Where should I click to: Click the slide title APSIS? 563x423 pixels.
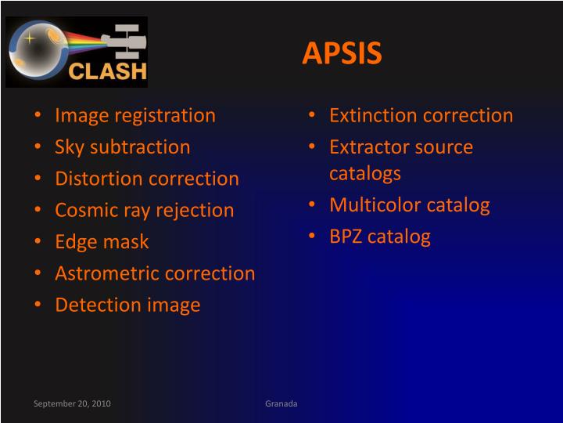coord(342,52)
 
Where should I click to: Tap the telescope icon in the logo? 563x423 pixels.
coord(125,38)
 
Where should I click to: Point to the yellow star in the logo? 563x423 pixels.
coord(28,37)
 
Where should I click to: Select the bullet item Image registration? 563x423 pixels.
coord(134,115)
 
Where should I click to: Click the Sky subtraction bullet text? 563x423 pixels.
coord(122,146)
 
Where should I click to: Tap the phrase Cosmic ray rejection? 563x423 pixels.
coord(144,210)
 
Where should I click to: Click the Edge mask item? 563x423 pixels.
coord(102,242)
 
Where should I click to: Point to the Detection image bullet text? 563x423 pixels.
coord(127,305)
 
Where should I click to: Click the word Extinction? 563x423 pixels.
coord(372,115)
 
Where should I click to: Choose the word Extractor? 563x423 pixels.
coord(370,146)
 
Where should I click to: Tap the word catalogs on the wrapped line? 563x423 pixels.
coord(364,172)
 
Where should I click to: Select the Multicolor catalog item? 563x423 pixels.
coord(409,205)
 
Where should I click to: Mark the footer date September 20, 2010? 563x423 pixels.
coord(72,403)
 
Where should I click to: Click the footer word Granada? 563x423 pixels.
coord(281,403)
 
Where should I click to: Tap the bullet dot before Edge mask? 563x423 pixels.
coord(39,242)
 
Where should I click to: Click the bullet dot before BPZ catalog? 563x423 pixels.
coord(314,237)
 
